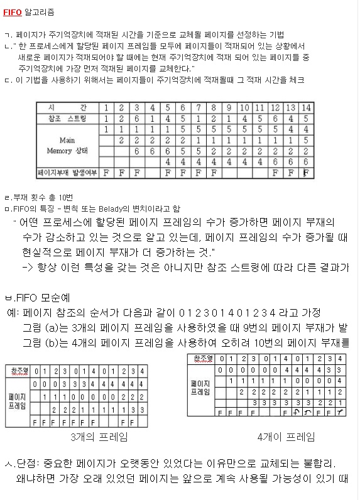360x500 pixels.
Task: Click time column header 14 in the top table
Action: (x=305, y=108)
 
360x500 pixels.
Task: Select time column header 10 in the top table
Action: (x=244, y=108)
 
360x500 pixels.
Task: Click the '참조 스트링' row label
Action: (x=67, y=118)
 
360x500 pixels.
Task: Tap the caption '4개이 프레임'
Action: (x=286, y=437)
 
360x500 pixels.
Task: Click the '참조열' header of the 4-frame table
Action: (x=202, y=359)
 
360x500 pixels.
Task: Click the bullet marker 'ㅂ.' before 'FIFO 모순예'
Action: (x=9, y=297)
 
